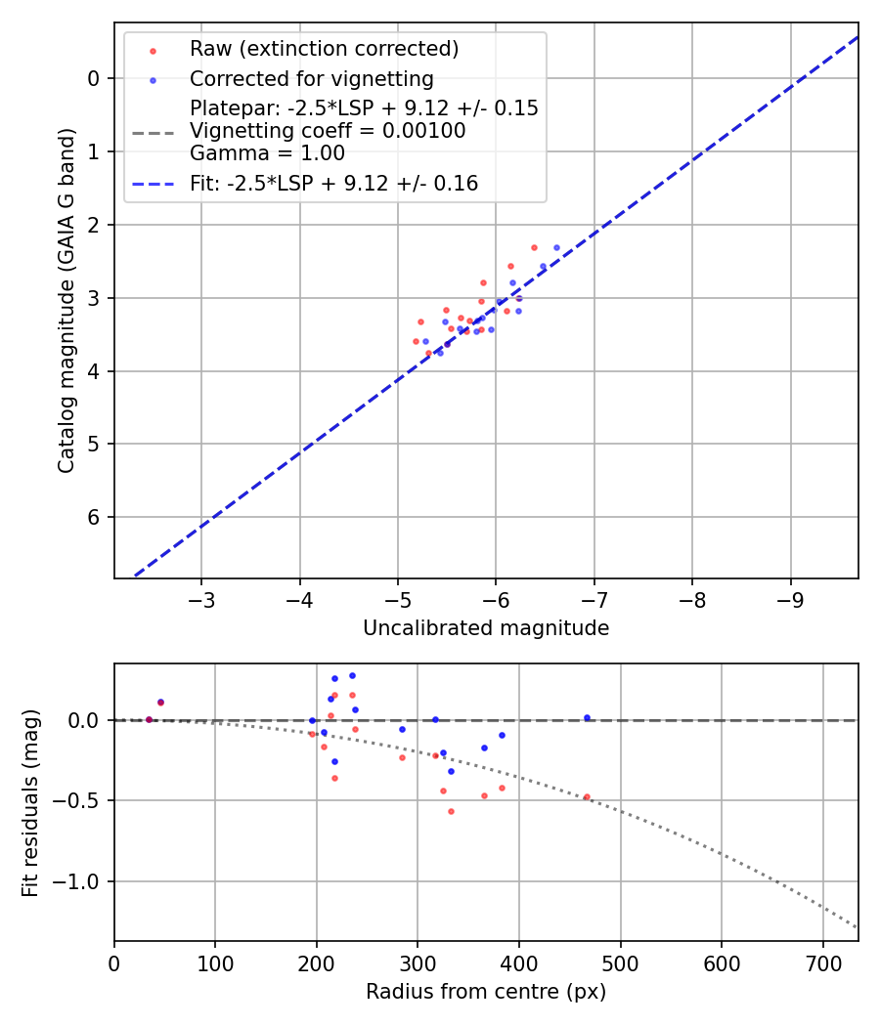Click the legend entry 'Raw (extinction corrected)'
[x=324, y=49]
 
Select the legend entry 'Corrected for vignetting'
[x=311, y=79]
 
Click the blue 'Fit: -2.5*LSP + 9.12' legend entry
[x=333, y=183]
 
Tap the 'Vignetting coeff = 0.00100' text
[x=328, y=131]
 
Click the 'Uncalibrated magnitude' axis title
[x=486, y=628]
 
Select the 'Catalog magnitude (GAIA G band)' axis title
[x=66, y=299]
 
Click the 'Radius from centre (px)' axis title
[x=486, y=992]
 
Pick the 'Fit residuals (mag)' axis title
[x=31, y=802]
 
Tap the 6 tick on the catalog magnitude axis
[x=94, y=517]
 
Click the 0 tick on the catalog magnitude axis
[x=94, y=78]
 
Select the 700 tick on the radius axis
[x=822, y=962]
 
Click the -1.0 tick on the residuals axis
[x=82, y=881]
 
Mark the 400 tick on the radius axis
[x=519, y=962]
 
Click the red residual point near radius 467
[x=587, y=797]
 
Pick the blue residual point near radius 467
[x=587, y=717]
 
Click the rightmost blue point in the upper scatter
[x=556, y=248]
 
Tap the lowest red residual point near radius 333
[x=451, y=811]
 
